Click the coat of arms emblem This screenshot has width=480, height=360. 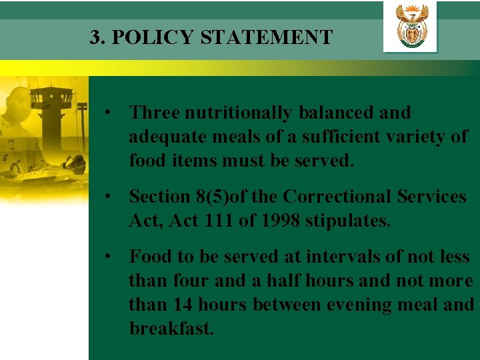[x=411, y=27]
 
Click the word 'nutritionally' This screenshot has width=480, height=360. [x=237, y=113]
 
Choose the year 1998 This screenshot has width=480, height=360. [x=279, y=221]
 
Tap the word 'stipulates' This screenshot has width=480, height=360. [x=347, y=221]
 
